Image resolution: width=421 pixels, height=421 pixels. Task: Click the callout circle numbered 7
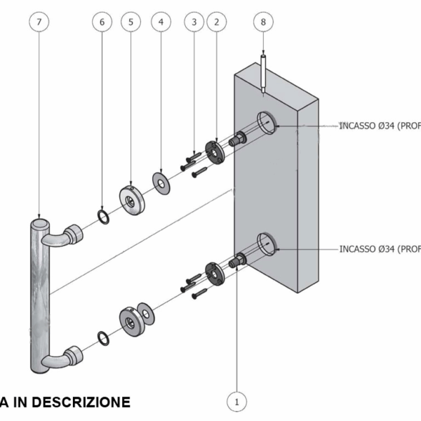pos(39,22)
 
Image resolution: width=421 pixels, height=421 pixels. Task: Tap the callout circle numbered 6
pos(102,22)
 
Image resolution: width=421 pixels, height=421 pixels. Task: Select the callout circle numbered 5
pos(131,22)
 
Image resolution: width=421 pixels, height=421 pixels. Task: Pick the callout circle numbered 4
pos(161,22)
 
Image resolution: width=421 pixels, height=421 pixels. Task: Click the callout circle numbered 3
pos(194,22)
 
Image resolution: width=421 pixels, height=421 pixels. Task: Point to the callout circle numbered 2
pos(216,22)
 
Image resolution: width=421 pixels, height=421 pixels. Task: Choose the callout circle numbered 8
pos(263,22)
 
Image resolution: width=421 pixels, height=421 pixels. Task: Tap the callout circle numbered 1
pos(237,402)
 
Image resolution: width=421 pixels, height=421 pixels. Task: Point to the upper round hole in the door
pos(266,122)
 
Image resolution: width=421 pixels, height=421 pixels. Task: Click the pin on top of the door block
pos(263,73)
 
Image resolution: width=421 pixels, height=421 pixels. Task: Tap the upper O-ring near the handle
pos(103,217)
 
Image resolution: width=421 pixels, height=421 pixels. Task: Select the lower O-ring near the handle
pos(103,339)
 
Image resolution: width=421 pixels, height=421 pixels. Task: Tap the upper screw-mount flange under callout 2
pos(213,151)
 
